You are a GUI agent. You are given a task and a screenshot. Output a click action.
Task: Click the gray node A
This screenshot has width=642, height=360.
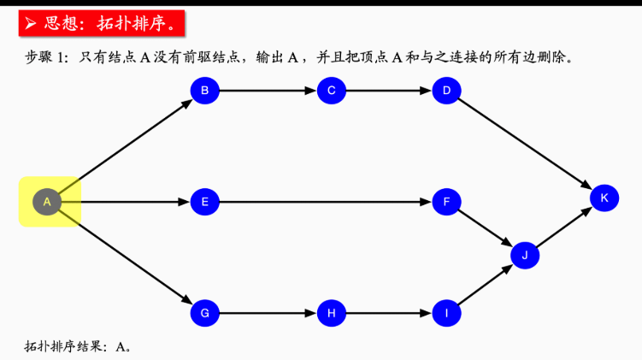pos(47,202)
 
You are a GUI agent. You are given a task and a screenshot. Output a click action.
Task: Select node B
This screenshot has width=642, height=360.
pos(204,90)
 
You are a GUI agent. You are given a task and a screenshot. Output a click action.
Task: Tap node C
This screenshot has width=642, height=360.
pos(331,90)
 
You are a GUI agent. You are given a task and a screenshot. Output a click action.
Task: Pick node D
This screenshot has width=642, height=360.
pos(446,90)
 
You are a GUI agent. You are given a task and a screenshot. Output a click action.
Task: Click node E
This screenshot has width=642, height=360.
pos(204,202)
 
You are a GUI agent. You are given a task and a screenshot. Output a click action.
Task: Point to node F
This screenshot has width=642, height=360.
pos(446,202)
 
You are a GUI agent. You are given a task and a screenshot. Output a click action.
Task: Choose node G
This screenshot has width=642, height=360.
pos(204,313)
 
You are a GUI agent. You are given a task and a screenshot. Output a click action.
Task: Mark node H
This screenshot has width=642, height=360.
pos(331,313)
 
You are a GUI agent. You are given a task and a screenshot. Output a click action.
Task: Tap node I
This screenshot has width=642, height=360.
pos(446,313)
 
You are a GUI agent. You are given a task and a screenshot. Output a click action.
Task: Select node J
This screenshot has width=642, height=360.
pos(525,255)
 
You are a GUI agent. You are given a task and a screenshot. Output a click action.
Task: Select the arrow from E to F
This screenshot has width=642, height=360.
pos(325,202)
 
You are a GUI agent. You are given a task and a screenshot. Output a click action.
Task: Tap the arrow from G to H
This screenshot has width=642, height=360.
pos(268,313)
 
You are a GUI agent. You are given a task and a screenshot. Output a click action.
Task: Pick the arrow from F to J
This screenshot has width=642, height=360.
pos(486,228)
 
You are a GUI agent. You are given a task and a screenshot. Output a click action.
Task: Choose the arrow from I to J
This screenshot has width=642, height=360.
pos(486,285)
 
